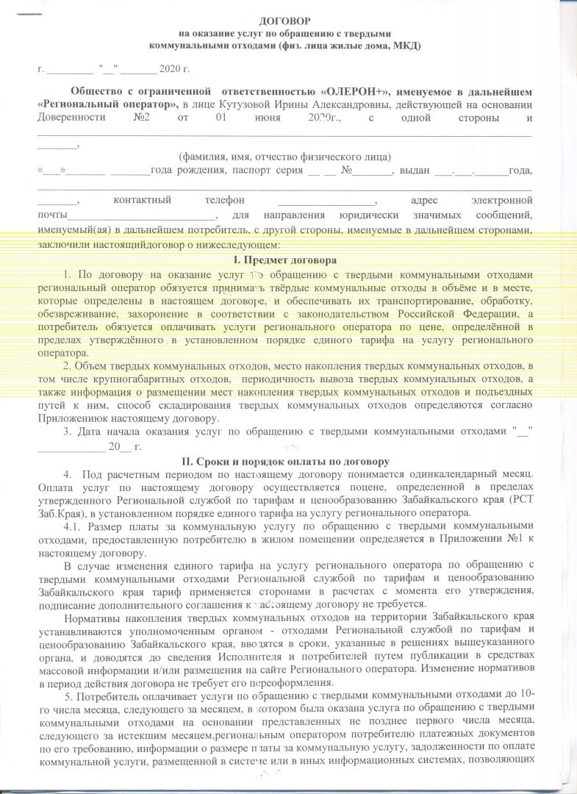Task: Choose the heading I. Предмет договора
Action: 287,260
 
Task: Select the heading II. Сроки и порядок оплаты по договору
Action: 287,462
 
